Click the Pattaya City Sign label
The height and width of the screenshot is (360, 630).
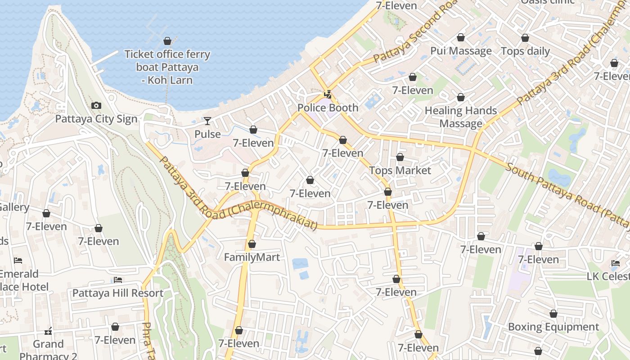point(96,119)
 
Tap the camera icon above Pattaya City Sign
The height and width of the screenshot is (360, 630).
point(96,106)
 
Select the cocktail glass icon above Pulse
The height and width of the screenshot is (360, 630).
point(207,121)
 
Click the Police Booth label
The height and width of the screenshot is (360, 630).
point(328,108)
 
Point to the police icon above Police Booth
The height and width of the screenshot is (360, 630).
point(329,94)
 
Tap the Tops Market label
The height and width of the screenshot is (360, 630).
point(400,171)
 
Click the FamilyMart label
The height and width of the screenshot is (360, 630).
point(252,257)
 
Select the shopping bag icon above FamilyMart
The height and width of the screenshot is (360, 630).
point(252,244)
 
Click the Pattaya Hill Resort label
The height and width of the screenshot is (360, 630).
point(118,293)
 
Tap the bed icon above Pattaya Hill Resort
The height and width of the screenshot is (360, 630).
point(118,280)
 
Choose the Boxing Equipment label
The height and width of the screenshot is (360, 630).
point(553,327)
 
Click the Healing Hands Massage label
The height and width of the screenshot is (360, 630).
point(461,117)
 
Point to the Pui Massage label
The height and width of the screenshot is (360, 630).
point(461,51)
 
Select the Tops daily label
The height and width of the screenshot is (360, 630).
point(525,51)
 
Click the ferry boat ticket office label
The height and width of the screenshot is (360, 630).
point(167,67)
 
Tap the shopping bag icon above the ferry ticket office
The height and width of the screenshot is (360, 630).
point(167,41)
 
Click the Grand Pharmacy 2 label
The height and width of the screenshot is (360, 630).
point(48,350)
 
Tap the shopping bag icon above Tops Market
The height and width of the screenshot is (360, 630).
point(400,157)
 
